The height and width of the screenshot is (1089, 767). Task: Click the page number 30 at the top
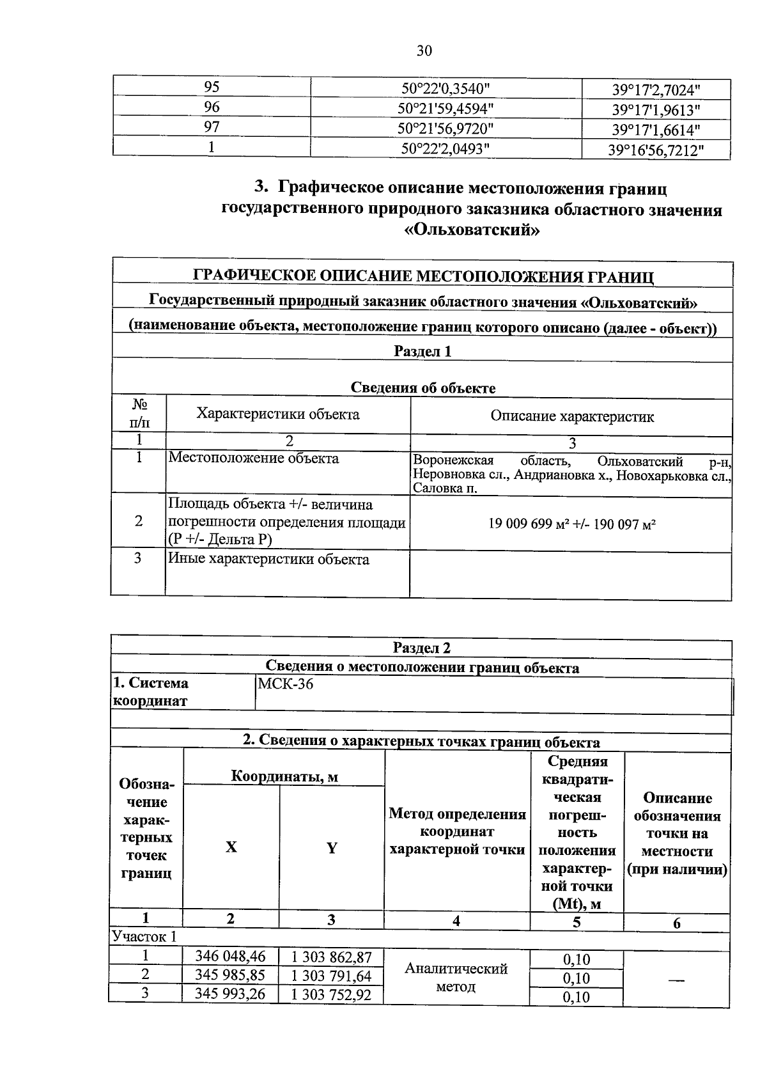tap(424, 51)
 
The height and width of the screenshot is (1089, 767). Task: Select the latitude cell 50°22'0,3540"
tap(445, 88)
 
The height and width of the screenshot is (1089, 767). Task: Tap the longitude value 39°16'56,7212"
tap(656, 150)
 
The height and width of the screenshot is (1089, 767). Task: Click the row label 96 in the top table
tap(212, 107)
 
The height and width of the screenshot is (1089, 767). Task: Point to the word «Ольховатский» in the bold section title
tap(472, 230)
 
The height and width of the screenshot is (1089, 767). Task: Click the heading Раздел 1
tap(422, 351)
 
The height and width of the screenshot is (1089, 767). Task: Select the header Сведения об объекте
tap(422, 388)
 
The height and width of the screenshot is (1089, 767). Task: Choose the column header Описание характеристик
tap(572, 417)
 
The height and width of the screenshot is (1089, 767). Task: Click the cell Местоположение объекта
tap(254, 458)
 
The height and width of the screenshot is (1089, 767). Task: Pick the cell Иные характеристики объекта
tap(268, 560)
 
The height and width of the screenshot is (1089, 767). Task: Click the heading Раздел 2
tap(422, 648)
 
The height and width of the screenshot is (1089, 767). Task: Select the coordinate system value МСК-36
tap(285, 684)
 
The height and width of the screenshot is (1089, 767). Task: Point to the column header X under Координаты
tap(231, 847)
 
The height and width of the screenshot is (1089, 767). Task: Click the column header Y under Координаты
tap(331, 848)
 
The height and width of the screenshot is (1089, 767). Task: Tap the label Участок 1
tap(144, 937)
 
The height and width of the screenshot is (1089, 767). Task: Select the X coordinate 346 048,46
tap(230, 957)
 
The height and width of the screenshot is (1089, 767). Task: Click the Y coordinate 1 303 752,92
tap(331, 995)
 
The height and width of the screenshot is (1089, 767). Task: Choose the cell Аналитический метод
tap(456, 977)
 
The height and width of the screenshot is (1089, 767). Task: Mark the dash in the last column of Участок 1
tap(677, 979)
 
